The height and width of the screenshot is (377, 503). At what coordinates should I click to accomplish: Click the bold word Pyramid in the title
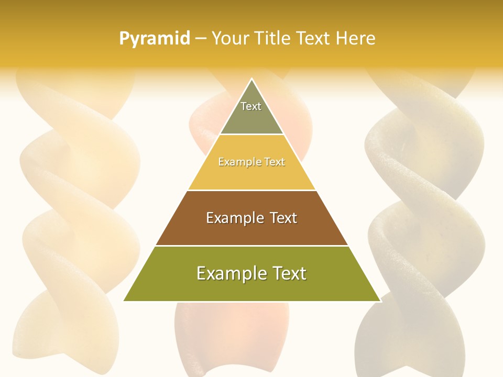(x=154, y=39)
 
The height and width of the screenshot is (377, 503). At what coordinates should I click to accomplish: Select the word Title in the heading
(x=276, y=39)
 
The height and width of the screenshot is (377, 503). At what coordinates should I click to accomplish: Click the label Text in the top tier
(x=251, y=106)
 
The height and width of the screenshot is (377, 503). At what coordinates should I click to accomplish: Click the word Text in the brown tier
(x=283, y=218)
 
